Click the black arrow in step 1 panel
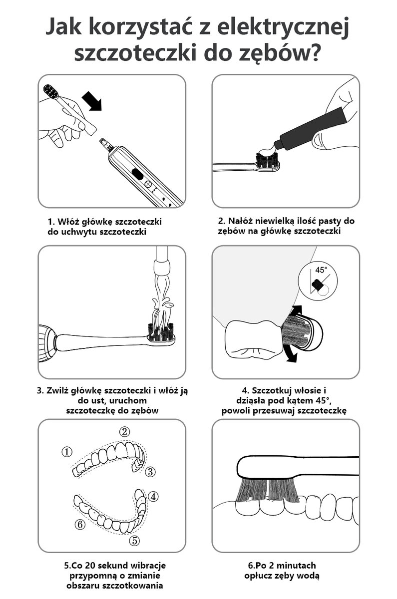(x=92, y=100)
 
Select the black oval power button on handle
(x=137, y=174)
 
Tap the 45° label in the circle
(x=321, y=270)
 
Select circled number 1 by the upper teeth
(x=67, y=452)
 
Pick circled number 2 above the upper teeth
(x=124, y=431)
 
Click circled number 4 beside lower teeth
(x=153, y=497)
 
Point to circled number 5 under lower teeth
(x=134, y=541)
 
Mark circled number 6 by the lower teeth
(x=80, y=525)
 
